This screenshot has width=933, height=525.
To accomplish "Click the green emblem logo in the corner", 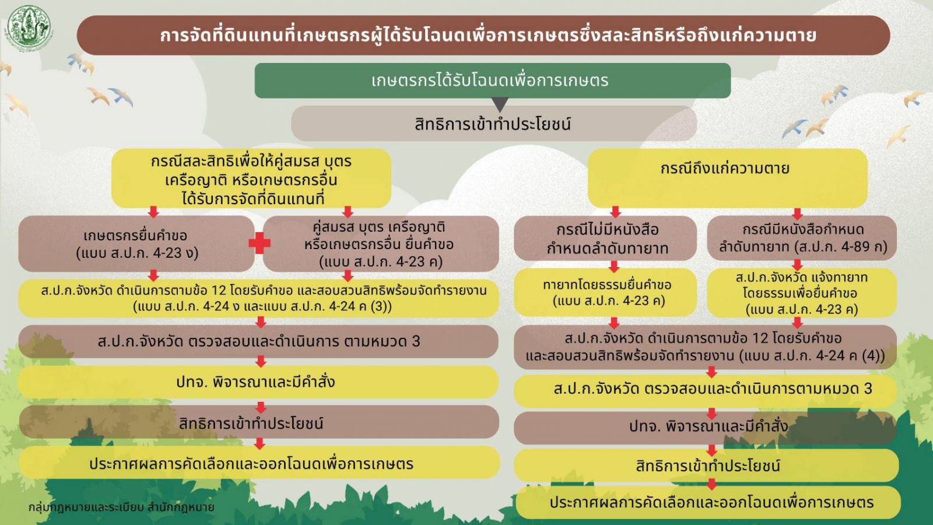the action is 29,27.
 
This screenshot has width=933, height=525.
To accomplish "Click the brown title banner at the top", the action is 483,36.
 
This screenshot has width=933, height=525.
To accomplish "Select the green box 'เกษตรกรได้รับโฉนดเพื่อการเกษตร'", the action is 492,80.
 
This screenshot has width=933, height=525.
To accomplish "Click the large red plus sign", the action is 259,243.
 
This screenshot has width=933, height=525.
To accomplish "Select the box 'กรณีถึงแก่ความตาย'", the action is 727,178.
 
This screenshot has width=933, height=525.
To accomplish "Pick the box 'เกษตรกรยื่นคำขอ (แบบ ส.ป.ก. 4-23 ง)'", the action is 136,244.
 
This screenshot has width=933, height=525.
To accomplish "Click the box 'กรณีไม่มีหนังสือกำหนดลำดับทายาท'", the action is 605,239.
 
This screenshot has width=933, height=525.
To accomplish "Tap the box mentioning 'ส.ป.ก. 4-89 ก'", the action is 802,238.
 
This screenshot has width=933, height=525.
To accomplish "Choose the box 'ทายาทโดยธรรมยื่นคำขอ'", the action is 605,292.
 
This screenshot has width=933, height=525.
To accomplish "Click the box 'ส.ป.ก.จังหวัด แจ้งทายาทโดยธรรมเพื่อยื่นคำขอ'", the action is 802,292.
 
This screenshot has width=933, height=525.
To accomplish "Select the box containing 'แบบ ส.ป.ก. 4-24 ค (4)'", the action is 705,347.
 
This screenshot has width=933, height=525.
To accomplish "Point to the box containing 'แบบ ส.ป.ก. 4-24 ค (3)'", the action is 259,298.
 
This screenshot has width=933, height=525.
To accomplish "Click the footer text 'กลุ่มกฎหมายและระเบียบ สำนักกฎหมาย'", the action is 121,507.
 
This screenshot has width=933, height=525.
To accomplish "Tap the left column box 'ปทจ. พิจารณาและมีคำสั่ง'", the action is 259,382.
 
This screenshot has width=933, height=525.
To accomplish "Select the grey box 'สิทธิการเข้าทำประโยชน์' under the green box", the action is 494,123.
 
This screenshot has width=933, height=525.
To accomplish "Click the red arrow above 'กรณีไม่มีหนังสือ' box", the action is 616,212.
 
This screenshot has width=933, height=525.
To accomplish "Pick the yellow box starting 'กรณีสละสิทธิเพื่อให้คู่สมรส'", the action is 251,178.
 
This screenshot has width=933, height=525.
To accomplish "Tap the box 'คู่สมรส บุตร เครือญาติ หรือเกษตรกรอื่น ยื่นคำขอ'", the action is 381,244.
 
